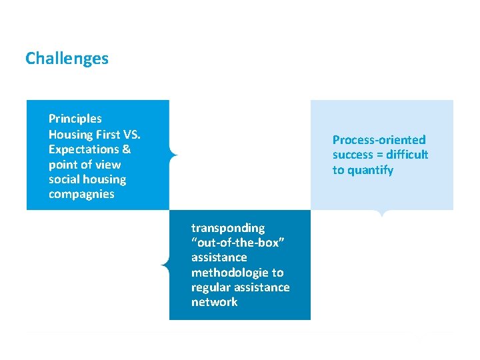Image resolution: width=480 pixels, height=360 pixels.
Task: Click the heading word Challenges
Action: tap(67, 59)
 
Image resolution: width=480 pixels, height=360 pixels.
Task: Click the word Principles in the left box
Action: tap(75, 119)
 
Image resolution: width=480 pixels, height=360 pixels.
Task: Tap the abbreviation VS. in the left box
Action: tap(131, 134)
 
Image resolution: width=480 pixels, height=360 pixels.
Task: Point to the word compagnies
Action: tap(81, 195)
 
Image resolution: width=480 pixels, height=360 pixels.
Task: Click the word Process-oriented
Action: tap(379, 140)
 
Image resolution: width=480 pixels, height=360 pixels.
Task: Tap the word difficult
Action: tap(407, 155)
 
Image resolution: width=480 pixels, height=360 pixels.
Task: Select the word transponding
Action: tap(228, 228)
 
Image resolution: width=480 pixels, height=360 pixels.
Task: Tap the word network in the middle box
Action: tap(214, 302)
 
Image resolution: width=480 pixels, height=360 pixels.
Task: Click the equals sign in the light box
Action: tap(385, 155)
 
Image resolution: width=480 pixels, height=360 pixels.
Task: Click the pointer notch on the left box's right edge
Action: tap(173, 155)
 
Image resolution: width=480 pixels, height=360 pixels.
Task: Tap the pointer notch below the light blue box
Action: tap(381, 213)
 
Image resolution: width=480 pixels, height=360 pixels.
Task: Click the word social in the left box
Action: tap(63, 179)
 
